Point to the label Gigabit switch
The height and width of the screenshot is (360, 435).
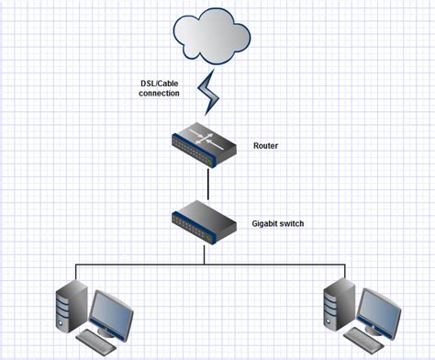(x=277, y=222)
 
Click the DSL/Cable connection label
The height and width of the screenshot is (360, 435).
(x=154, y=89)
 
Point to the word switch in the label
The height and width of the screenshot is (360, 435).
(x=290, y=222)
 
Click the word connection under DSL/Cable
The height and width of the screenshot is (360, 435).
(x=154, y=94)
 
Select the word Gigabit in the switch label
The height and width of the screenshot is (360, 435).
(x=264, y=222)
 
